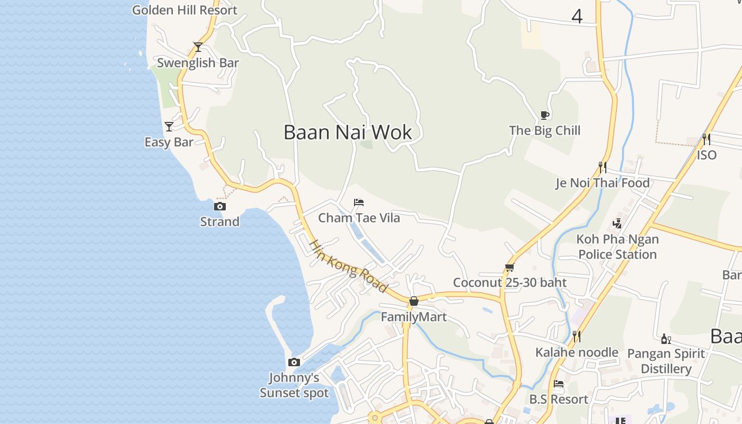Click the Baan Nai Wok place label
point(348,132)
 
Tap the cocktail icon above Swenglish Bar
point(198,47)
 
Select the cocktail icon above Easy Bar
point(169,127)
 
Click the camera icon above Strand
point(219,206)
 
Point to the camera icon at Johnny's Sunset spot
point(294,363)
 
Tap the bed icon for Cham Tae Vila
point(359,202)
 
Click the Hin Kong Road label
point(348,266)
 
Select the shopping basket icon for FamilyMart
point(414,301)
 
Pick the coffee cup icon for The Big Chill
point(544,115)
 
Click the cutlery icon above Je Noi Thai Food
point(602,167)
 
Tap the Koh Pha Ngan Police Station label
point(617,246)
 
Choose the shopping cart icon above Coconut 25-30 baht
point(509,267)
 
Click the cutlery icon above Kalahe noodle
point(577,336)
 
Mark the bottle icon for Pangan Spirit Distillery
point(666,338)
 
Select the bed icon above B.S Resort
point(559,384)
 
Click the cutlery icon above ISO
point(706,139)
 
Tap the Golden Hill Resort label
point(184,10)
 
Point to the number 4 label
point(577,16)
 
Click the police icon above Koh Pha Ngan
point(617,224)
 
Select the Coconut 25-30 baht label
point(510,282)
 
